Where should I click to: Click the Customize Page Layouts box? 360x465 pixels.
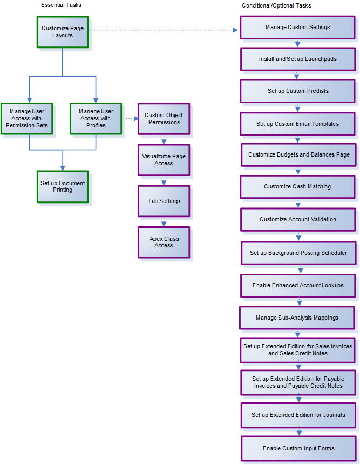tap(62, 32)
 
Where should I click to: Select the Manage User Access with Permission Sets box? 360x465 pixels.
tap(27, 118)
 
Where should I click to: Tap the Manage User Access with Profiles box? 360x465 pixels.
tap(96, 118)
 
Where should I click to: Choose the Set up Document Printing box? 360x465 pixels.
tap(63, 186)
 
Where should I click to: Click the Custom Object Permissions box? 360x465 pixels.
tap(164, 118)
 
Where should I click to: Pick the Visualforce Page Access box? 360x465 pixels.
tap(164, 159)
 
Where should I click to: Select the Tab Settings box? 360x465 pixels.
tap(164, 201)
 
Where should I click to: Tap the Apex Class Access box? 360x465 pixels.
tap(164, 242)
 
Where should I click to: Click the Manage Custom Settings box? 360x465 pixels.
tap(297, 27)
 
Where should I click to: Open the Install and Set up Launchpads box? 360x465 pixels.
tap(297, 59)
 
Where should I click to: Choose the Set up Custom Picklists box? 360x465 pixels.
tap(297, 91)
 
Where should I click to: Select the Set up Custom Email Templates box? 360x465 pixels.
tap(297, 124)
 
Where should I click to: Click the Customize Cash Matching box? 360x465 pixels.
tap(297, 186)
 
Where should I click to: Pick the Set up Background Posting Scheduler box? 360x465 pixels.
tap(298, 253)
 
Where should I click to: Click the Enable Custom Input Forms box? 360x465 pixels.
tap(298, 448)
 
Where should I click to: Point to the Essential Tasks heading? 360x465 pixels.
tap(61, 5)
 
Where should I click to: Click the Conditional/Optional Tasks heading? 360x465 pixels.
tap(276, 5)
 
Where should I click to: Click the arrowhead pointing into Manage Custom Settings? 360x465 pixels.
tap(235, 30)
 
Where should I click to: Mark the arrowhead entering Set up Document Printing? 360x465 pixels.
tap(63, 167)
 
